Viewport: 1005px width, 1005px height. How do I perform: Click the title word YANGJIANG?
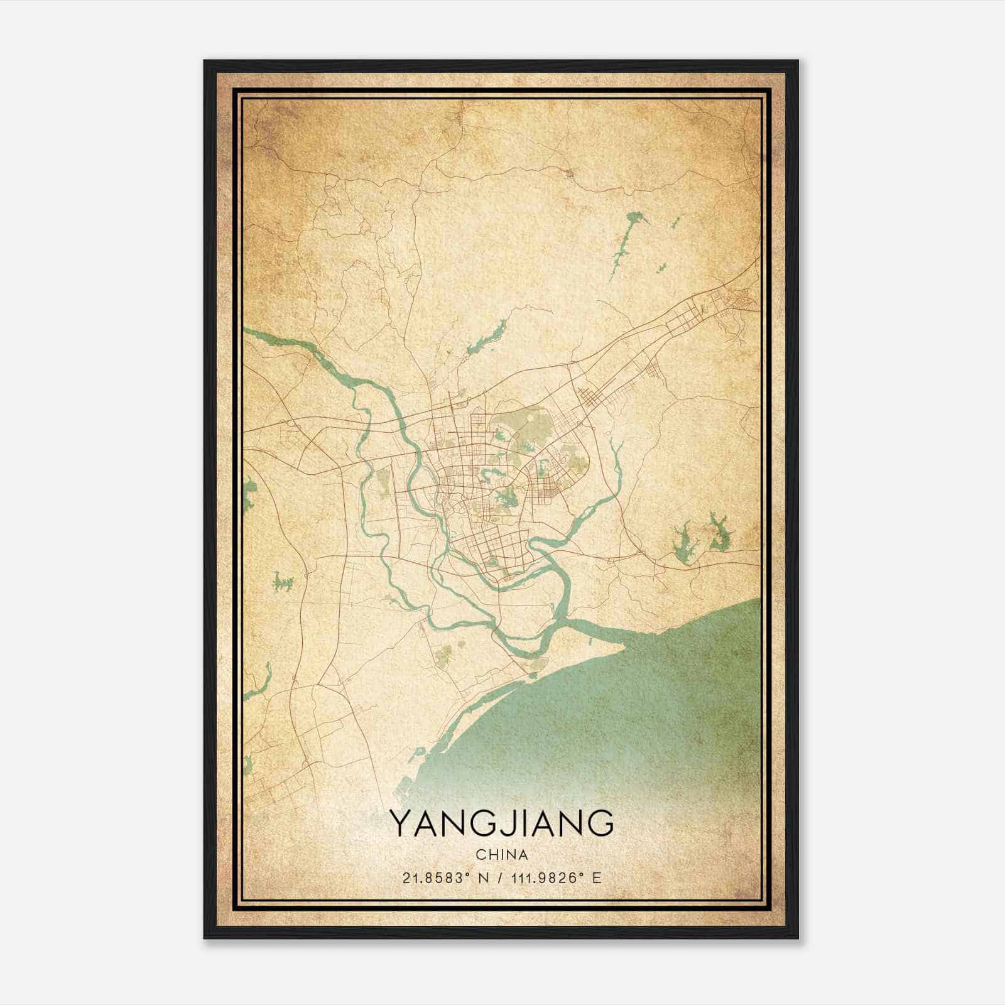[x=501, y=823]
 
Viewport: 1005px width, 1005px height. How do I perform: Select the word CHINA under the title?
[x=501, y=855]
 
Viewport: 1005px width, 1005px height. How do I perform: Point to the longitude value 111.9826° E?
[x=548, y=877]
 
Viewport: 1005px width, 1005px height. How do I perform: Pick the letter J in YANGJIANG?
[x=506, y=823]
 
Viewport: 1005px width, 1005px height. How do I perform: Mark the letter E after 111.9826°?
[x=597, y=877]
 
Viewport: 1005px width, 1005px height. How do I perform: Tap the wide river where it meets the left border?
[x=248, y=333]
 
